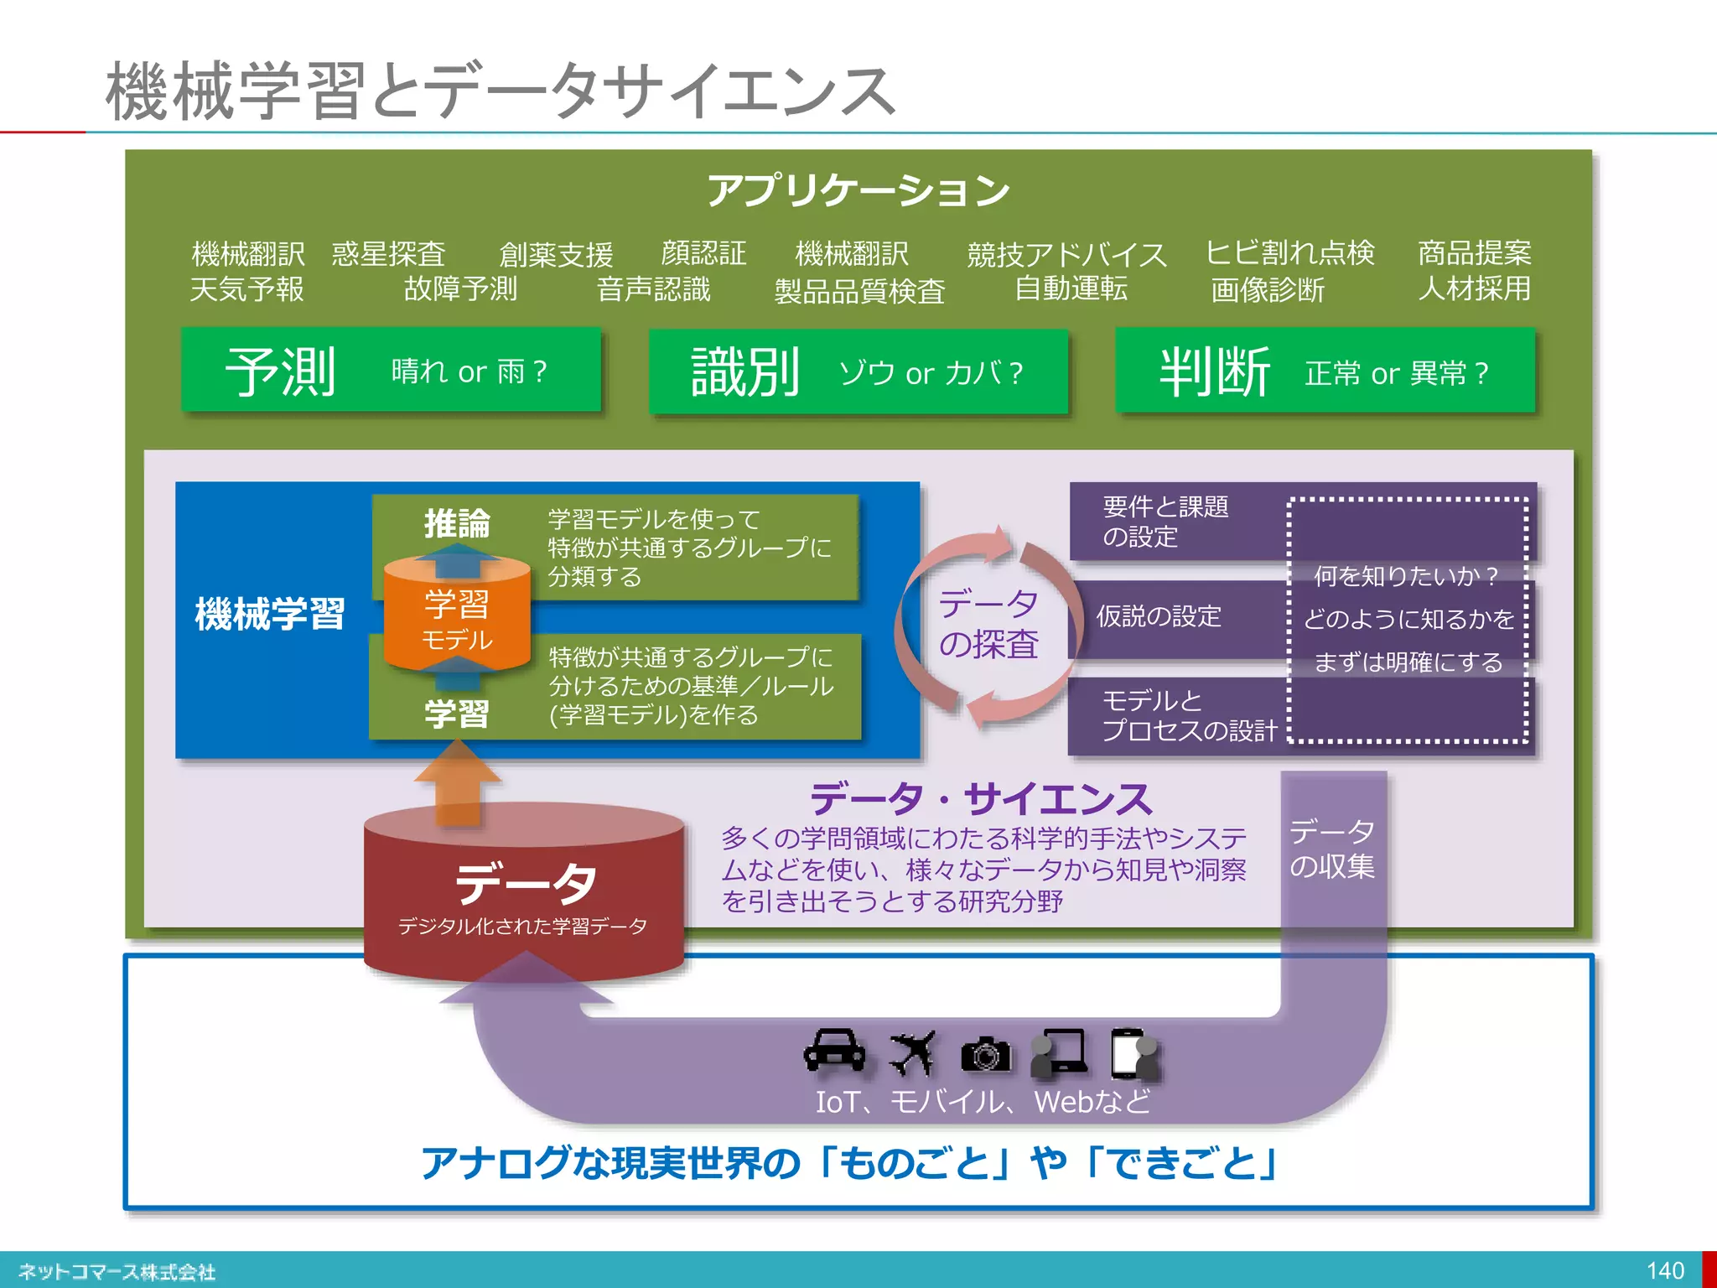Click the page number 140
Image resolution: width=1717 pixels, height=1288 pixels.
point(1665,1270)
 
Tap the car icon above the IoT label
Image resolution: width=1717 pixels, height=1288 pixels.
point(834,1051)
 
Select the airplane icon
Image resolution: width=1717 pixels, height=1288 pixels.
point(912,1052)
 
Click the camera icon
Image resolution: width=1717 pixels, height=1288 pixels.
point(985,1053)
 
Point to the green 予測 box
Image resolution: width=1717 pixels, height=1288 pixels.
point(391,370)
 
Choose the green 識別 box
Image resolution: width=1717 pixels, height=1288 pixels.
point(858,371)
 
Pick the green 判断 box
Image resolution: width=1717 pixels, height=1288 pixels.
point(1325,371)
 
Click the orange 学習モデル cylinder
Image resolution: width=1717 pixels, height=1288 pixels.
point(457,619)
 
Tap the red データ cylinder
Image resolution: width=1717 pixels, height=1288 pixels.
point(524,893)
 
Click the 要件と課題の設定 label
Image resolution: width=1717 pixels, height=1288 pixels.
point(1165,522)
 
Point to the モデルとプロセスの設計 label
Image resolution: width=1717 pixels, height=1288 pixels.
point(1188,715)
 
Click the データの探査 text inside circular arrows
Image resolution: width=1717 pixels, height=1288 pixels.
point(988,624)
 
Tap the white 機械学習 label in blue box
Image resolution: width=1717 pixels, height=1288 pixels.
point(270,614)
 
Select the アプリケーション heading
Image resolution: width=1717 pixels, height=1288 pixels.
point(858,190)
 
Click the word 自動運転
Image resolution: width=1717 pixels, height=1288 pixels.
point(1071,288)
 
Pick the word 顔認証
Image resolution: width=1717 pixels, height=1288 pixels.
point(703,253)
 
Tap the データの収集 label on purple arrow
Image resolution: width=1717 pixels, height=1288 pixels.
point(1332,849)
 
